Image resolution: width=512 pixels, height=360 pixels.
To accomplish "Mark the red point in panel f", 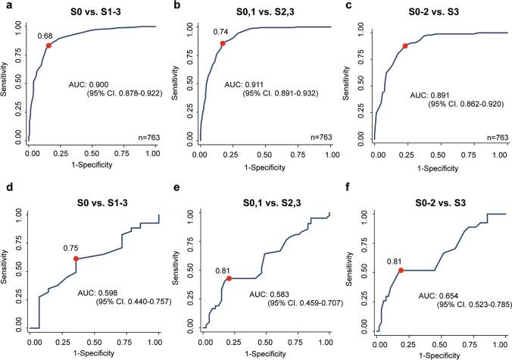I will [401, 270].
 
